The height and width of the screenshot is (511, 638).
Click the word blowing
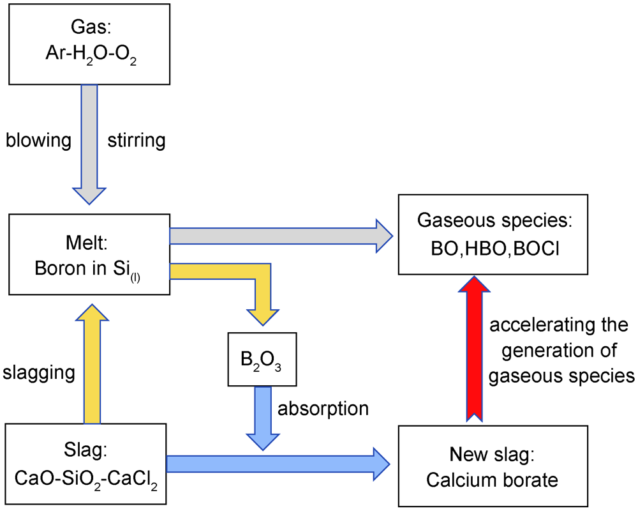pyautogui.click(x=38, y=141)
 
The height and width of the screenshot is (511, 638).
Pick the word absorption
pyautogui.click(x=323, y=408)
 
